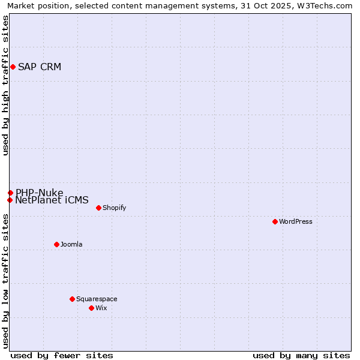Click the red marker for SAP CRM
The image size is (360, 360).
coord(13,67)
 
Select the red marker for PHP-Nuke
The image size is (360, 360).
coord(10,193)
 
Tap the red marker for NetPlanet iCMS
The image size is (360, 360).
coord(10,200)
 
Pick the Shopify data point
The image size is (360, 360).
coord(98,208)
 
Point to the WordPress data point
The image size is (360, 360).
coord(275,221)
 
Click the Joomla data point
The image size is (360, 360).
coord(56,244)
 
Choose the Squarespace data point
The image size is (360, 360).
coord(72,299)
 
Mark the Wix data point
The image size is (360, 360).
coord(91,308)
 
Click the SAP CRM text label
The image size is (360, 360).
coord(40,67)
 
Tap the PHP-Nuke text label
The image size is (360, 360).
coord(40,193)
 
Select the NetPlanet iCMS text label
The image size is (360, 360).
coord(52,200)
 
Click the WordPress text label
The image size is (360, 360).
coord(296,221)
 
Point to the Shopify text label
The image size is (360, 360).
coord(114,208)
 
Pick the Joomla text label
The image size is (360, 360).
coord(71,244)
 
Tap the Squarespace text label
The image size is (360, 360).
coord(97,299)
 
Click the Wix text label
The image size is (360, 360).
coord(101,308)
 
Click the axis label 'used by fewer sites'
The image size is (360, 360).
coord(62,355)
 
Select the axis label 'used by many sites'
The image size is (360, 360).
coord(301,355)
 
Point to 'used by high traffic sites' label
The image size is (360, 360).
coord(5,85)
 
